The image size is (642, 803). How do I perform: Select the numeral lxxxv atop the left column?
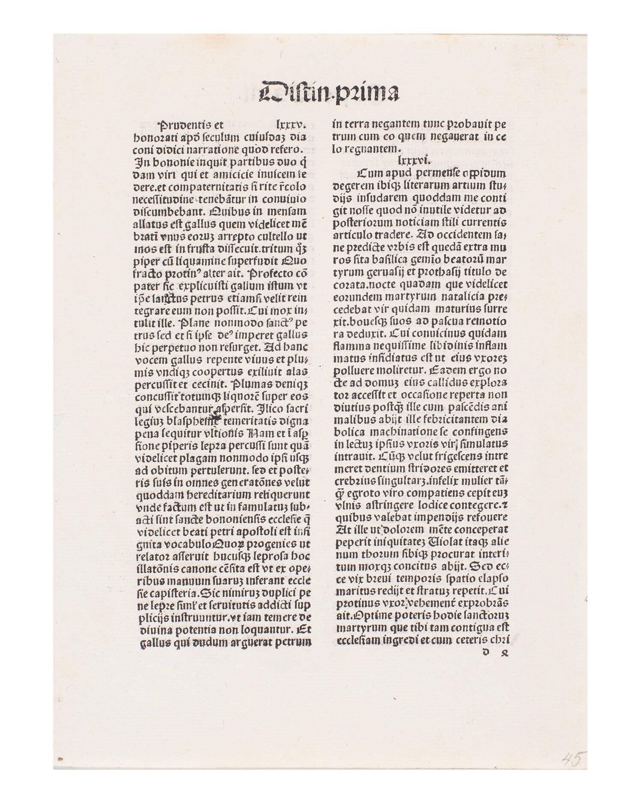click(x=291, y=125)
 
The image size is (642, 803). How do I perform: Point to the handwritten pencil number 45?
click(x=572, y=760)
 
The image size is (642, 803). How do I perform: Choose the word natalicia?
click(x=454, y=296)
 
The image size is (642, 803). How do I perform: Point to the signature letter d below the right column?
click(x=485, y=652)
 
